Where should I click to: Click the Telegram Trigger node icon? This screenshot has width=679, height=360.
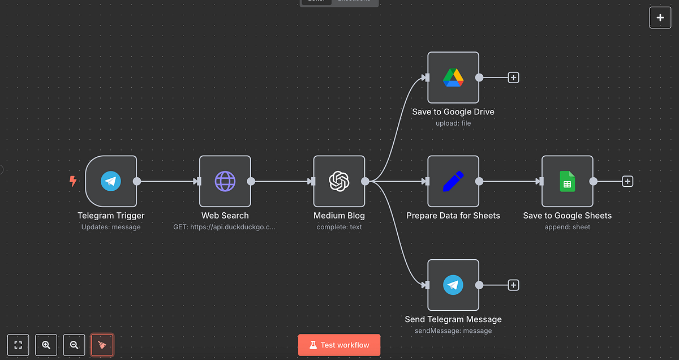tap(111, 181)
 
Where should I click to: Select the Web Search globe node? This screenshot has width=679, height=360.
tap(225, 181)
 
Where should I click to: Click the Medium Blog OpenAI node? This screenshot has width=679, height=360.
tap(339, 181)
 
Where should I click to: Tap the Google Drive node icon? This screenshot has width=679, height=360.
tap(453, 78)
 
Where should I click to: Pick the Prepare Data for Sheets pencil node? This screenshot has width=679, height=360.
tap(453, 181)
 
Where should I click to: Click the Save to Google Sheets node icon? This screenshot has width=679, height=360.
tap(567, 181)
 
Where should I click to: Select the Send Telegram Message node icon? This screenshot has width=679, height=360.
tap(453, 285)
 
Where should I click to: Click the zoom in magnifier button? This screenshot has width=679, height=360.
tap(46, 345)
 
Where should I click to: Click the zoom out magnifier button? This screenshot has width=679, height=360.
tap(74, 345)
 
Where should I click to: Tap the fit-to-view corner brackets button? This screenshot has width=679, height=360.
tap(18, 345)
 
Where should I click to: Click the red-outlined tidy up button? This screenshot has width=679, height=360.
tap(102, 345)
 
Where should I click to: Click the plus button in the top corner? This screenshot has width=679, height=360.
tap(660, 18)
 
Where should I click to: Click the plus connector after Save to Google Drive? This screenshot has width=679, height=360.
tap(513, 78)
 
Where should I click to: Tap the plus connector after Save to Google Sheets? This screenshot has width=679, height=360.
tap(628, 181)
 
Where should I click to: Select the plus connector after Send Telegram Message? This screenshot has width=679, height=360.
tap(513, 285)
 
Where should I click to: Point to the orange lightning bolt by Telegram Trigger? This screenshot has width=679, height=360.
tap(73, 181)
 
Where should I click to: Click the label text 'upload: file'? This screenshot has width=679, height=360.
tap(453, 123)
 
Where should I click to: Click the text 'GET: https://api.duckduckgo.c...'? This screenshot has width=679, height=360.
tap(225, 227)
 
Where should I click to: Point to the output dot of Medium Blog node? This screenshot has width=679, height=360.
tap(365, 181)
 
